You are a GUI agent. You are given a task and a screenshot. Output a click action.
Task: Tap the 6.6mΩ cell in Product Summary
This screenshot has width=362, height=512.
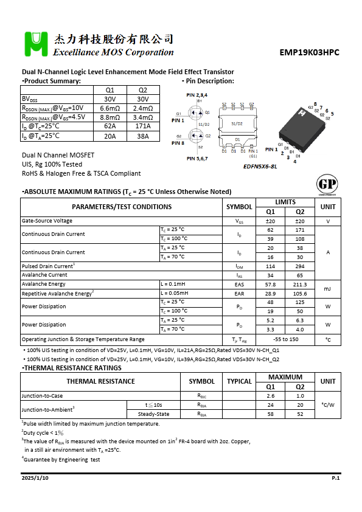(x=110, y=108)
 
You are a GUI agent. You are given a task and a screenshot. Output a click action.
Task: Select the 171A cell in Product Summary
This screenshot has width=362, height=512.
(x=143, y=126)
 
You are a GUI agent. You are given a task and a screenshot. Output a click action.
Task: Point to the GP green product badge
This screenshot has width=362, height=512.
(x=327, y=184)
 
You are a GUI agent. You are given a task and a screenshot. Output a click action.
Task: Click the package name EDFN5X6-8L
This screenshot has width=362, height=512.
(x=260, y=166)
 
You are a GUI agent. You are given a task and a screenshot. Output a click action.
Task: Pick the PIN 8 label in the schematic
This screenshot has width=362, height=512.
(x=178, y=143)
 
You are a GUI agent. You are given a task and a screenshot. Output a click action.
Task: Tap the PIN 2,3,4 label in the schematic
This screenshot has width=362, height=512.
(x=197, y=95)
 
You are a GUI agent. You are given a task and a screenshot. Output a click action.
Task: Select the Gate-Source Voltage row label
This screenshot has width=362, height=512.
(x=47, y=221)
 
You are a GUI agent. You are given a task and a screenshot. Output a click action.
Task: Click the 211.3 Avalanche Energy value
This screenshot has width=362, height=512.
(x=300, y=284)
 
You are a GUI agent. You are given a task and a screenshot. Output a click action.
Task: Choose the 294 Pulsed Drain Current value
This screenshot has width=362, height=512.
(x=300, y=266)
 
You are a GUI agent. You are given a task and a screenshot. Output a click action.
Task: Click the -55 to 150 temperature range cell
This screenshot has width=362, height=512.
(x=285, y=339)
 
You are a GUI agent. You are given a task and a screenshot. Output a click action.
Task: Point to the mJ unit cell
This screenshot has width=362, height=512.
(x=328, y=289)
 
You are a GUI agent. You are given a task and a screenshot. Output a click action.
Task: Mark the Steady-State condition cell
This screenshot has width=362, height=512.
(x=153, y=414)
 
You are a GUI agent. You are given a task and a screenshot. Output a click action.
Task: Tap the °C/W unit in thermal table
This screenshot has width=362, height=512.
(x=328, y=404)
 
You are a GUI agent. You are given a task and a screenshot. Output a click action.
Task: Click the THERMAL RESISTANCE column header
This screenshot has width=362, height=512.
(x=100, y=381)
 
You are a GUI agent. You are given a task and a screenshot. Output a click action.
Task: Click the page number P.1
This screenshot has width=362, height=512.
(x=335, y=479)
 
